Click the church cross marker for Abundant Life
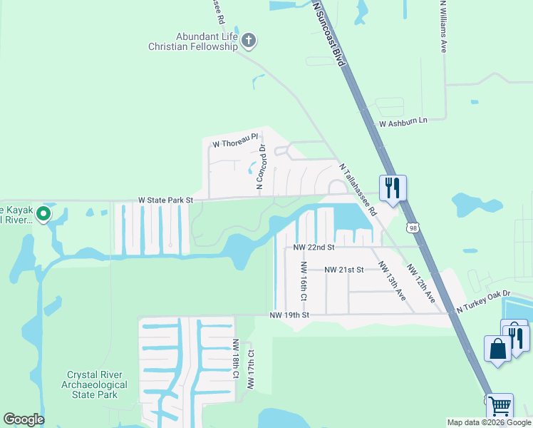249,40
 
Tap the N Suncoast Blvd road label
329,34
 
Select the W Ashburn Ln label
402,123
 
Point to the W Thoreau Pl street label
234,144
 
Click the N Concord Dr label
261,167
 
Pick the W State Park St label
165,200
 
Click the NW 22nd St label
314,247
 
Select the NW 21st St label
343,270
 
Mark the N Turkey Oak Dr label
484,294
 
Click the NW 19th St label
289,315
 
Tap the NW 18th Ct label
234,358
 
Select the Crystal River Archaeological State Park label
97,384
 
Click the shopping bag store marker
497,349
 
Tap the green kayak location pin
43,213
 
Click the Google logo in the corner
24,419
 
